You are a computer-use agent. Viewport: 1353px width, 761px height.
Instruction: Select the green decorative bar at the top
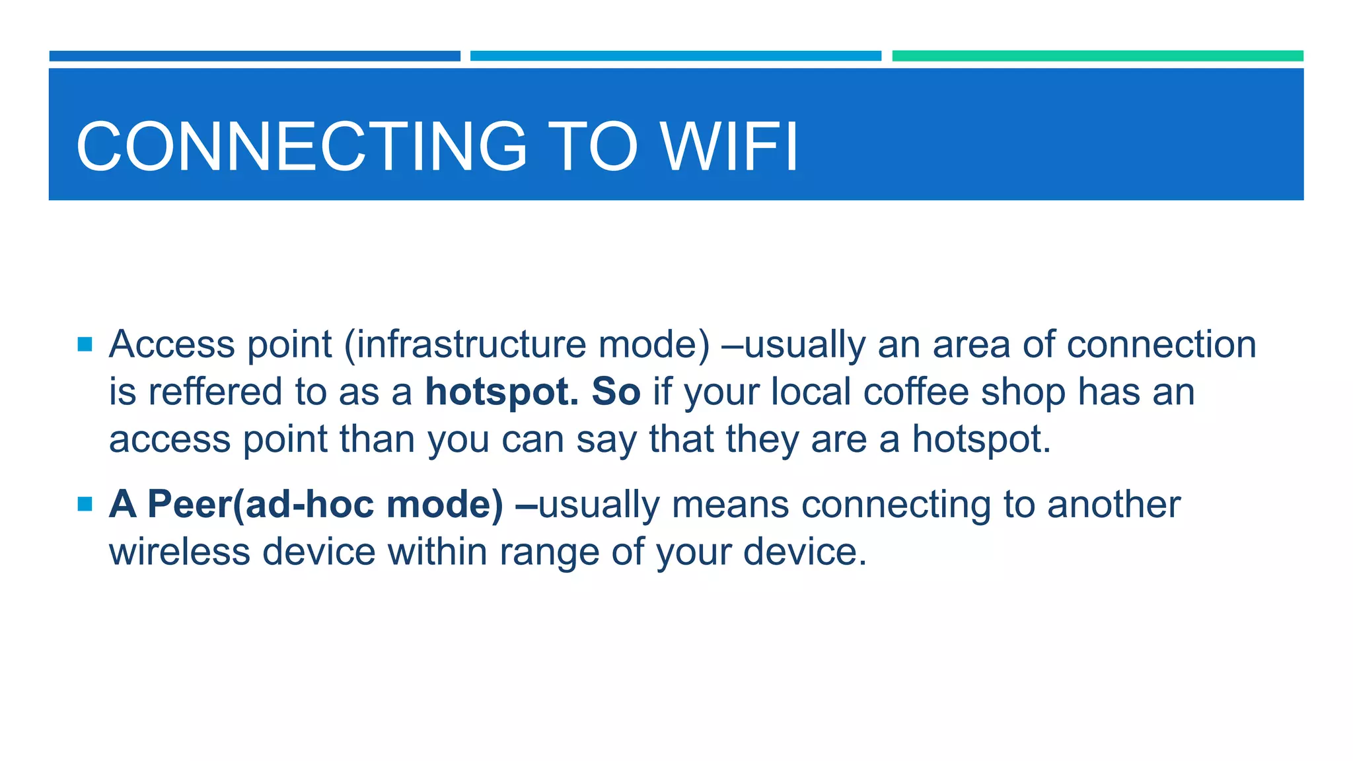[x=1097, y=56]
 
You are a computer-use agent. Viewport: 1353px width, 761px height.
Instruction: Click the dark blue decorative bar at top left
[x=254, y=56]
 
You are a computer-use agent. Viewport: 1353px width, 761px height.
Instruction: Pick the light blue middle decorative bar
[x=675, y=56]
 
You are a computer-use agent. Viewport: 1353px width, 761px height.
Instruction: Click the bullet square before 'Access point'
[x=85, y=344]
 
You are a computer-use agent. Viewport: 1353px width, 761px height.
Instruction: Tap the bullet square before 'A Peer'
[x=85, y=505]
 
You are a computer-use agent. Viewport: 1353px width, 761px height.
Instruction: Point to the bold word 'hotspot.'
[x=501, y=392]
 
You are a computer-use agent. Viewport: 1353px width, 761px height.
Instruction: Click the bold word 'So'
[x=616, y=392]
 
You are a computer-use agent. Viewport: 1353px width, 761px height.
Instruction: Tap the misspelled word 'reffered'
[x=215, y=392]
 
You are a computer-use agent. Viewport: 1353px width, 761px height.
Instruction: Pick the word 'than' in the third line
[x=377, y=439]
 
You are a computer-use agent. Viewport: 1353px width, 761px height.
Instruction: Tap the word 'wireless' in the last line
[x=179, y=552]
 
